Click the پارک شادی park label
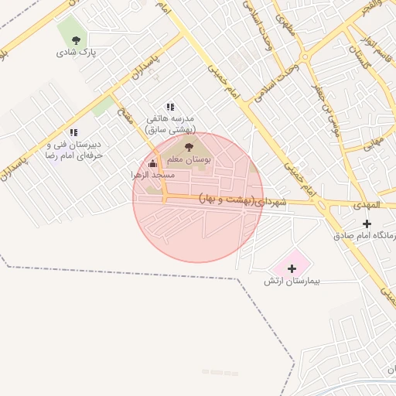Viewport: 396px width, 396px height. (x=76, y=53)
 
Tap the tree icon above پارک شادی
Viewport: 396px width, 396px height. (x=76, y=40)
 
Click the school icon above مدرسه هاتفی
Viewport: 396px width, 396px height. (x=170, y=108)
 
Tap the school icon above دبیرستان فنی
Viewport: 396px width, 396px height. (x=73, y=132)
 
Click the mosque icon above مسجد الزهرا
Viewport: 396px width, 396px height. (x=152, y=164)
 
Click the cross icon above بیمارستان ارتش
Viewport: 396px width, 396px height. (x=292, y=268)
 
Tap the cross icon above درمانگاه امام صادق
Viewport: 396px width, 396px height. (x=367, y=224)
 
